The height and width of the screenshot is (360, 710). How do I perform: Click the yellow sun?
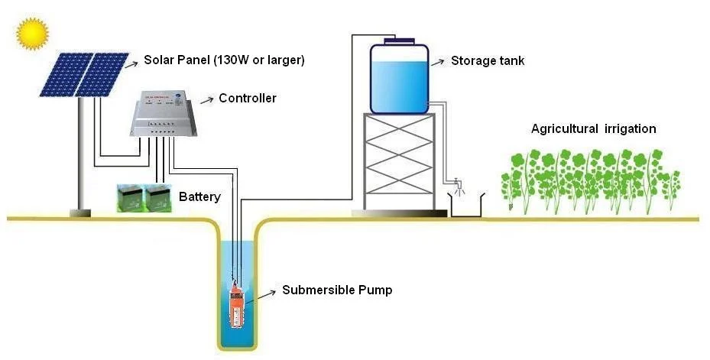coord(32,33)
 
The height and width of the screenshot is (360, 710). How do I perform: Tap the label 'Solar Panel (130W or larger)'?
coord(225,60)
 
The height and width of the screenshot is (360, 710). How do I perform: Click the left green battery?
coord(130,198)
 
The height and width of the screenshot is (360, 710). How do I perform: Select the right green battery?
coord(157,198)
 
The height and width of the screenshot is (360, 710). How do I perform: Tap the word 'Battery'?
coord(199,197)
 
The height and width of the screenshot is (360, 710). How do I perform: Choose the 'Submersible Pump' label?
coord(337,290)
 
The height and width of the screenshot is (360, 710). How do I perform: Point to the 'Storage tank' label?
coord(488,60)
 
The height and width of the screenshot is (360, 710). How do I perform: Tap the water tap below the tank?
coord(457,184)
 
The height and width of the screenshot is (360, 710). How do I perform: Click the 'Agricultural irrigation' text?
coord(593,128)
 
